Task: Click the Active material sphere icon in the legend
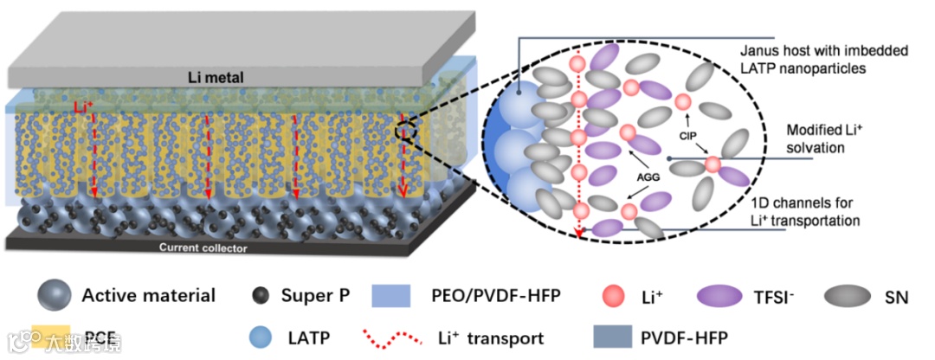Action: coord(53,296)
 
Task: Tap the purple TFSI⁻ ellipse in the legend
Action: coord(719,296)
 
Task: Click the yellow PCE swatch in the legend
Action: coord(54,336)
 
